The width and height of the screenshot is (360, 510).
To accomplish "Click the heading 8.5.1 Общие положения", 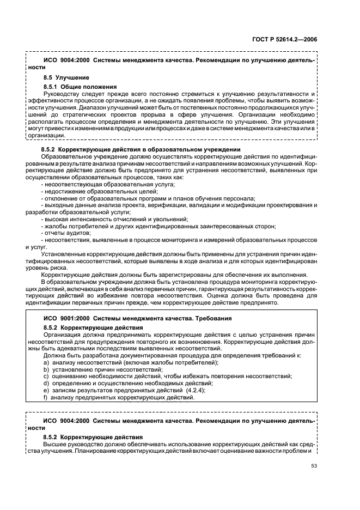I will pos(80,86).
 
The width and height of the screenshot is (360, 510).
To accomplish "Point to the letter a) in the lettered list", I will pos(47,362).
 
